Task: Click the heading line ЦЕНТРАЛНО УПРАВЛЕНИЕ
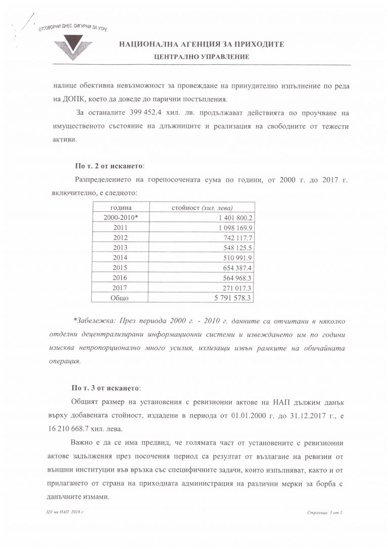pyautogui.click(x=202, y=57)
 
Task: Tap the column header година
pyautogui.click(x=121, y=207)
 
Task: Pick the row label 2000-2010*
pyautogui.click(x=121, y=217)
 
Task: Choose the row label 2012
pyautogui.click(x=121, y=238)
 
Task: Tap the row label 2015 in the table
pyautogui.click(x=121, y=267)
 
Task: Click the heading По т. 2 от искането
pyautogui.click(x=109, y=165)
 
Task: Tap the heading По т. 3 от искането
pyautogui.click(x=106, y=388)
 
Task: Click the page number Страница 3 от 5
pyautogui.click(x=324, y=513)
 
